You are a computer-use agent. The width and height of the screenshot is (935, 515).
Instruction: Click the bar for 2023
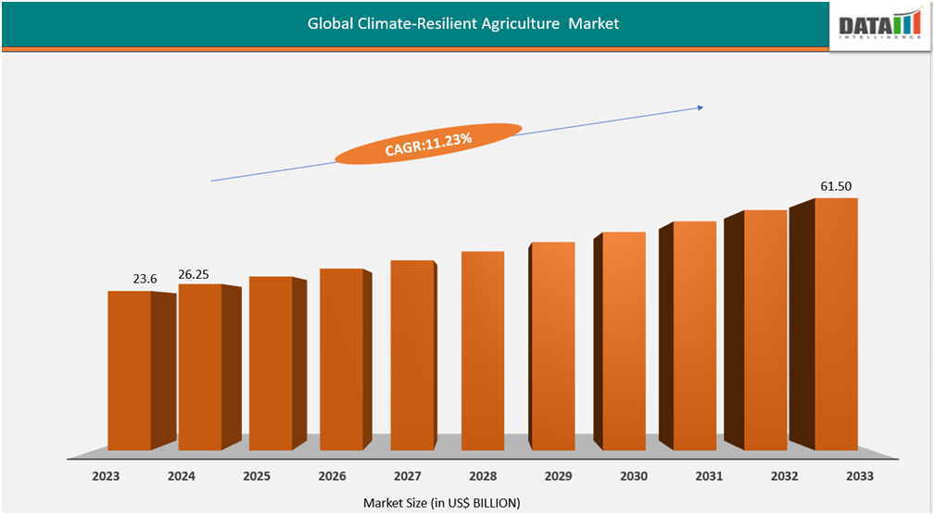[x=130, y=371]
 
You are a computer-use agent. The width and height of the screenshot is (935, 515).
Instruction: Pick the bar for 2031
[x=695, y=335]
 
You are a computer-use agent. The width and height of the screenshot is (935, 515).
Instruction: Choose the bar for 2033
[x=836, y=324]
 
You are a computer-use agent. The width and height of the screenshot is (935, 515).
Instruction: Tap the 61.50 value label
[x=836, y=187]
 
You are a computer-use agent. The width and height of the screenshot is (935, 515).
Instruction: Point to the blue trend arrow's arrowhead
[x=700, y=107]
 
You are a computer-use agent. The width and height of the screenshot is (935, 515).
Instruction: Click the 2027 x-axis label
[x=407, y=476]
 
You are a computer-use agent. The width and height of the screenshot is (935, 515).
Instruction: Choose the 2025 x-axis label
[x=257, y=476]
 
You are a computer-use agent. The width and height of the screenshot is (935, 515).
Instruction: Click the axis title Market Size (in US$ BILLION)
[x=441, y=502]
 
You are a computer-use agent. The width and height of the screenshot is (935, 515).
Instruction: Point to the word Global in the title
[x=330, y=24]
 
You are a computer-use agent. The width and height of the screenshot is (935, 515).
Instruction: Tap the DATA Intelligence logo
[x=879, y=25]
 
